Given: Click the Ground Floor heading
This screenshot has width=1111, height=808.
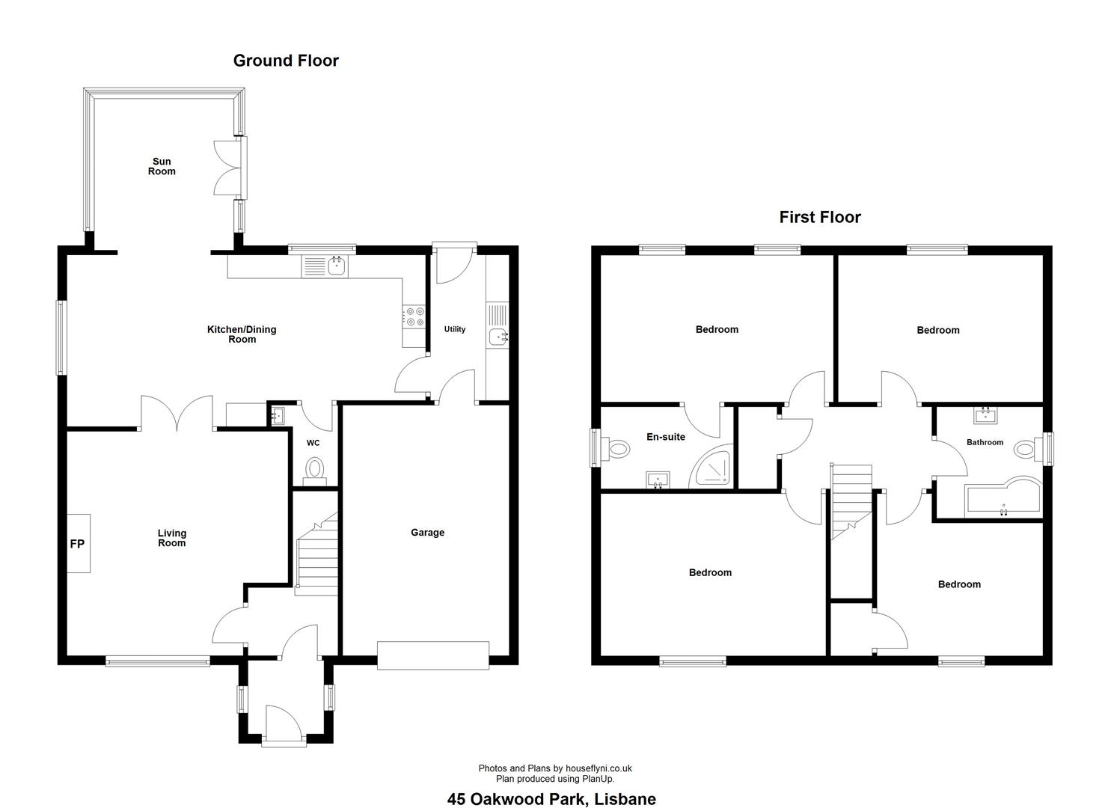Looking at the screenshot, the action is (x=286, y=61).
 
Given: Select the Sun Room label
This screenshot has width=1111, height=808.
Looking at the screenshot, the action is (x=162, y=166).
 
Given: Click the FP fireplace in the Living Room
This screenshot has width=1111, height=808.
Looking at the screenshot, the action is (x=79, y=544).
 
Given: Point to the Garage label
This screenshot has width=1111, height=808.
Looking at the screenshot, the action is (x=427, y=532).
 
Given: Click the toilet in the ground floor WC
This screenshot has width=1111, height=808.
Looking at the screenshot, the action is (x=315, y=471).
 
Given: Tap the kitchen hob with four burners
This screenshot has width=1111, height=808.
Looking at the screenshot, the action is (x=414, y=316).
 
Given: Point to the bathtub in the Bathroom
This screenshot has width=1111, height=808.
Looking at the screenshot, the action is (x=1003, y=498).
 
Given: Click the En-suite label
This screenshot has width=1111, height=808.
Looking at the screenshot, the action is (x=666, y=437).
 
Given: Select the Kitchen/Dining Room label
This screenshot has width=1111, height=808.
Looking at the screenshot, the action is (x=242, y=334).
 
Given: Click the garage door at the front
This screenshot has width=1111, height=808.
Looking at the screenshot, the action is (x=433, y=655).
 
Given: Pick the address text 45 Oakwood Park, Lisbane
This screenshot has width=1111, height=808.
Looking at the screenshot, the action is (x=551, y=799).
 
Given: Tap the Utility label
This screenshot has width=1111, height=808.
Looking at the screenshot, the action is (x=455, y=329).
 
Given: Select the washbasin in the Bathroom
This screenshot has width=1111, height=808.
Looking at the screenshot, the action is (x=985, y=416).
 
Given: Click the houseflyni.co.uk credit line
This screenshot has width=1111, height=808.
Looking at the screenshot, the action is (x=555, y=768).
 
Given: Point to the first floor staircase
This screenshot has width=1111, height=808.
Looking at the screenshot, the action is (x=851, y=501).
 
